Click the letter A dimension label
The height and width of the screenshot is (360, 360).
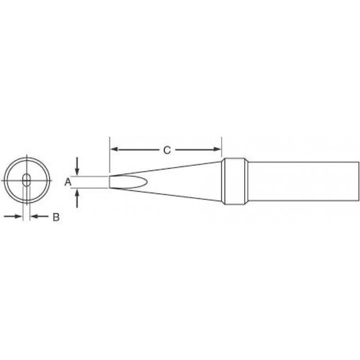[x=68, y=182]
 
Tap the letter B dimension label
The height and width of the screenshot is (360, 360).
[x=55, y=218]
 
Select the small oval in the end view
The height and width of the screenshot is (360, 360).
[x=26, y=181]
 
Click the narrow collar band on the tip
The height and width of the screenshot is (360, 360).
[x=233, y=182]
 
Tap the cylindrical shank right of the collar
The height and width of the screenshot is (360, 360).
[x=299, y=182]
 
